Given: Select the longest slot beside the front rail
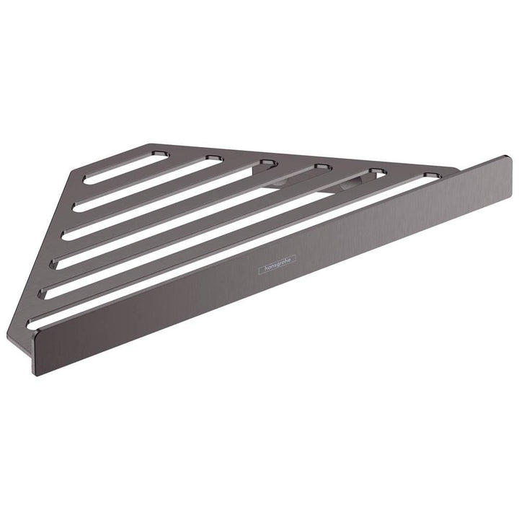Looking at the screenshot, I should click(x=231, y=249).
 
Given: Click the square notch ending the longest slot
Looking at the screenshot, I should click(x=431, y=175).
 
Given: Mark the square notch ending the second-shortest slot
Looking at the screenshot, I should click(x=213, y=158).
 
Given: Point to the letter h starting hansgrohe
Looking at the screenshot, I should click(x=262, y=270).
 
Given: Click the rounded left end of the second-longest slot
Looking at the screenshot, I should click(x=45, y=293).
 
